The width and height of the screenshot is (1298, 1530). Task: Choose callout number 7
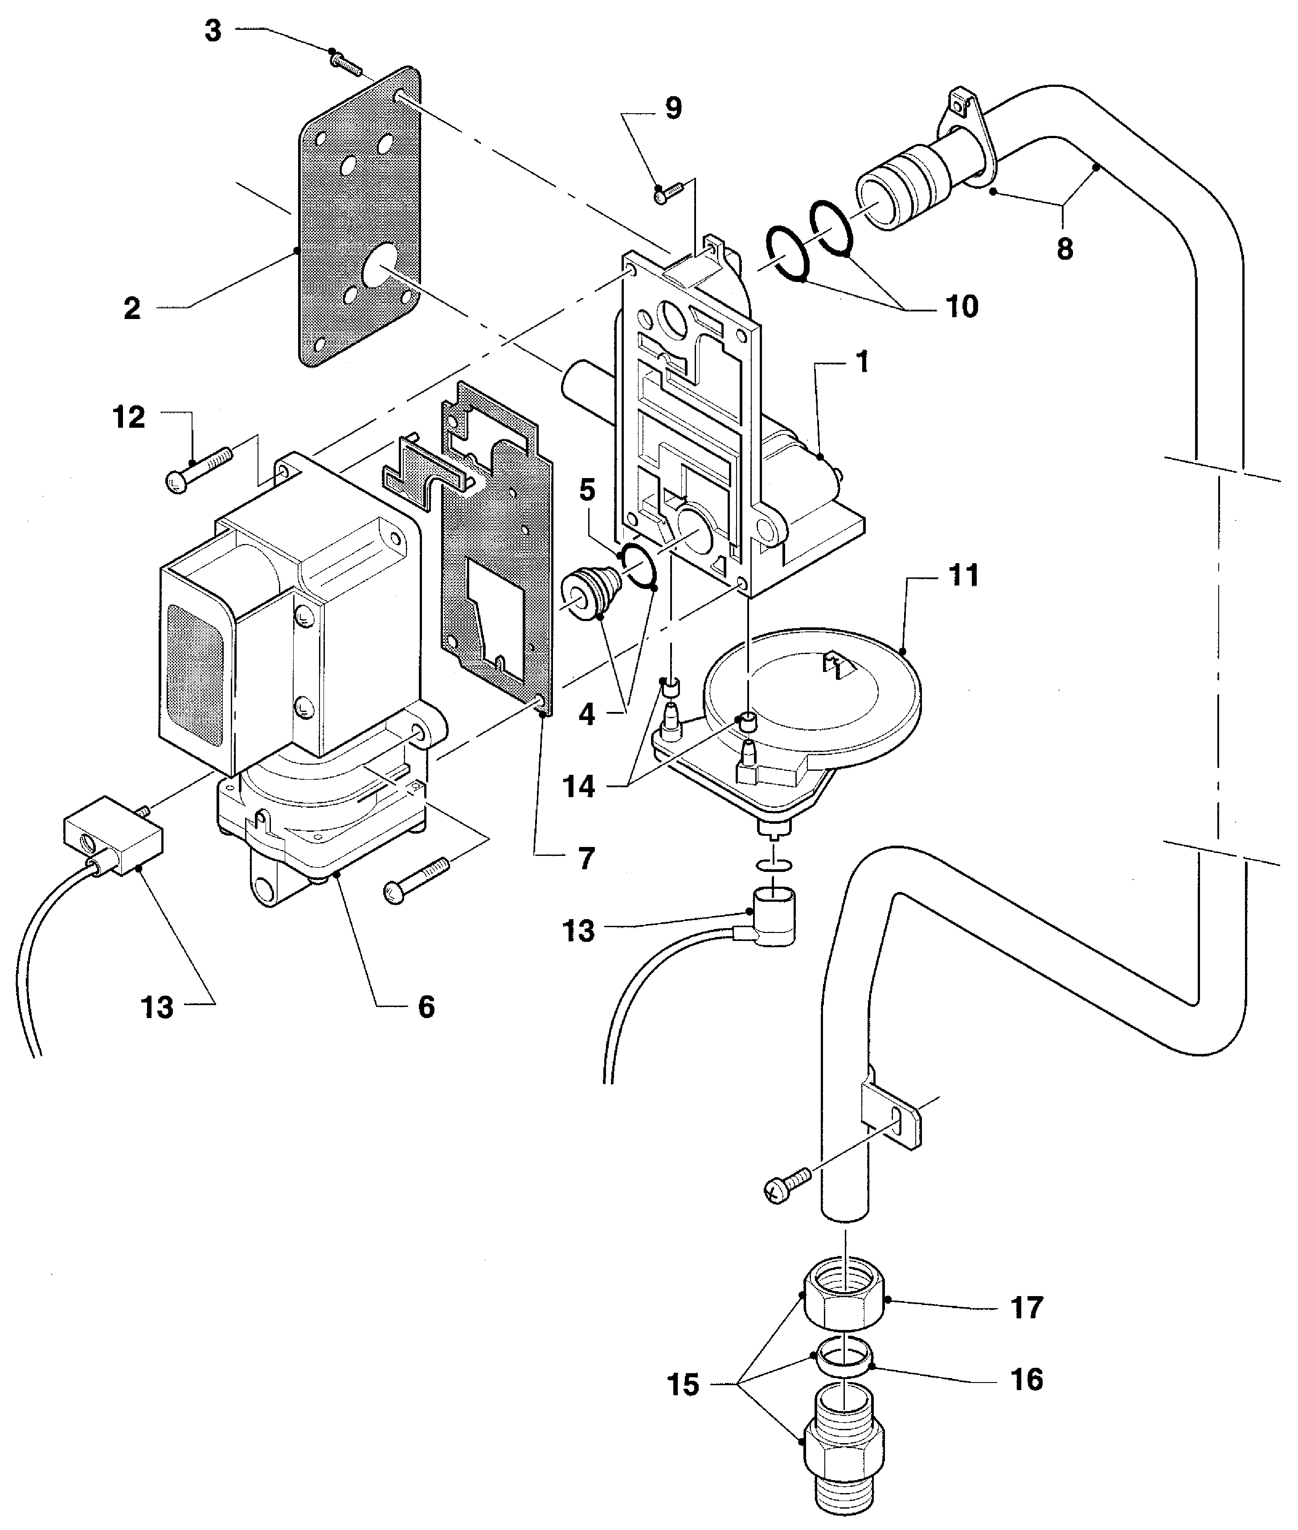click(x=586, y=858)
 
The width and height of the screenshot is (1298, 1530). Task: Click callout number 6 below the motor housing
click(x=427, y=1007)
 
